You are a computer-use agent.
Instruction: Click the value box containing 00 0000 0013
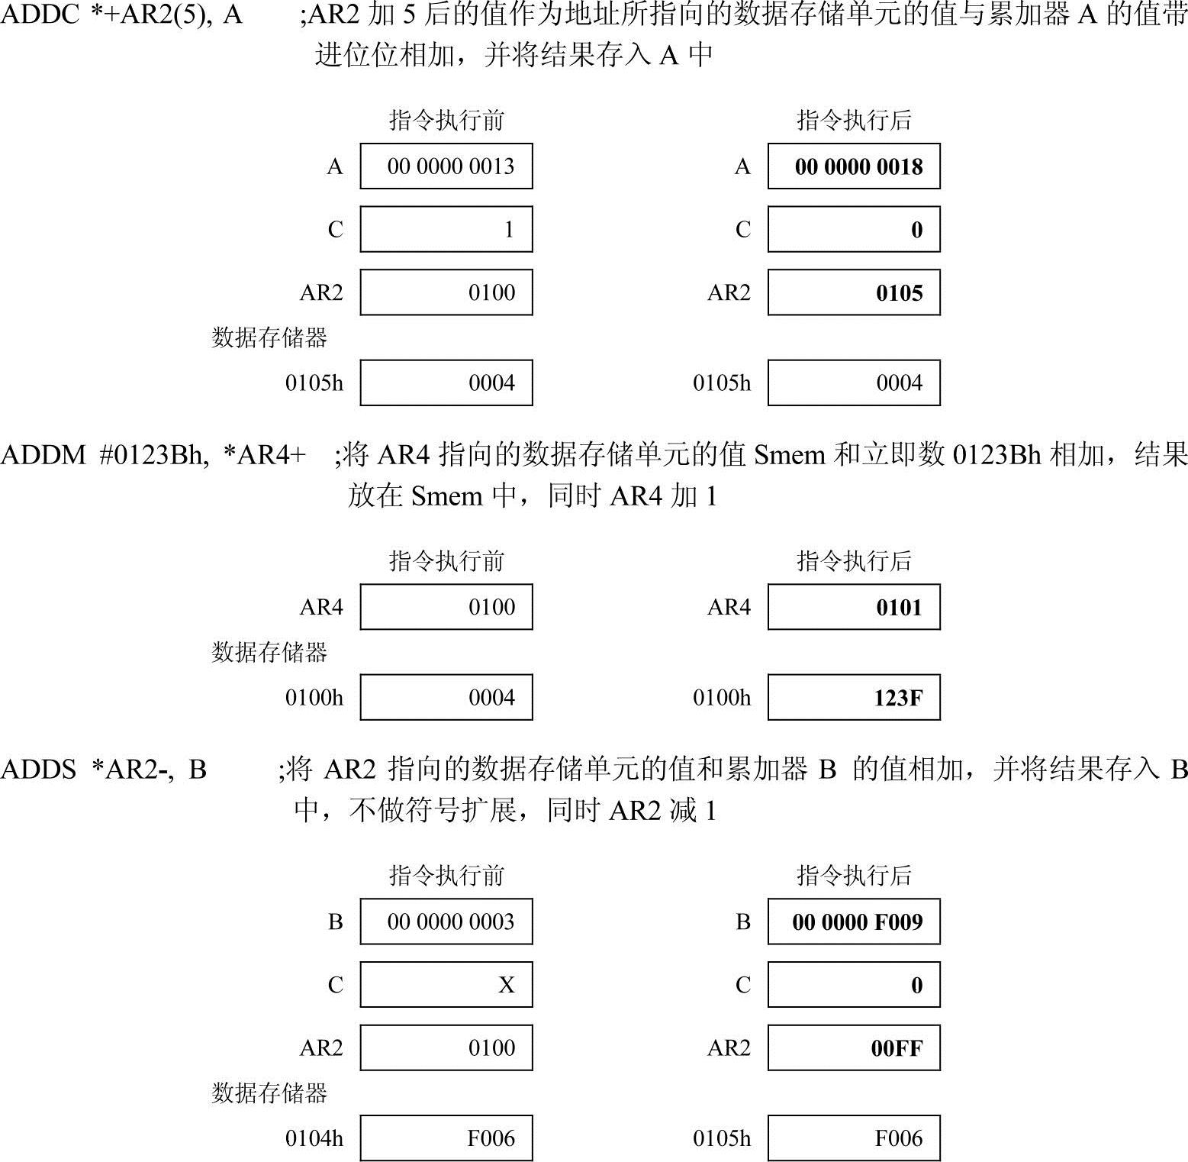(446, 166)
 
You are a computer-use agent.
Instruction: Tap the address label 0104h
(314, 1138)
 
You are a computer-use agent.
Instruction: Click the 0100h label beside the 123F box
(721, 697)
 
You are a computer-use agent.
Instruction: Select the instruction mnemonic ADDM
(43, 455)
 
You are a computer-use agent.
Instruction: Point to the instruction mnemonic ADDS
(38, 769)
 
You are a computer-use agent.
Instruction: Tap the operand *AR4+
(265, 455)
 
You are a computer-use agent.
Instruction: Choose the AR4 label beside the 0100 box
(321, 607)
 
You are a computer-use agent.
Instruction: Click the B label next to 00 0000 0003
(335, 922)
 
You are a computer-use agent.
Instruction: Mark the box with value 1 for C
(446, 229)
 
